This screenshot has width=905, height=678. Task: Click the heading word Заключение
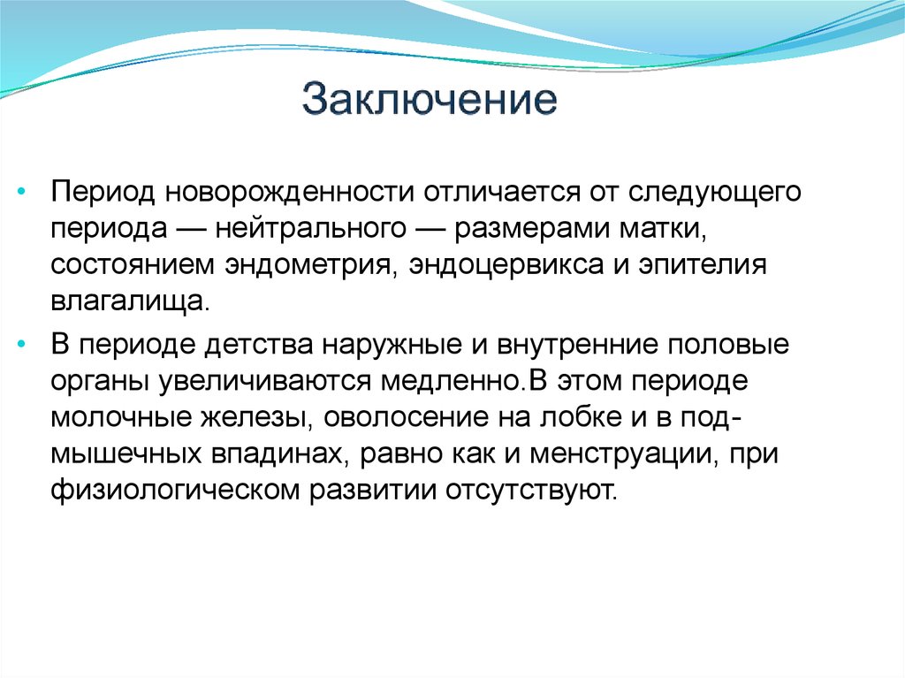coord(430,101)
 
